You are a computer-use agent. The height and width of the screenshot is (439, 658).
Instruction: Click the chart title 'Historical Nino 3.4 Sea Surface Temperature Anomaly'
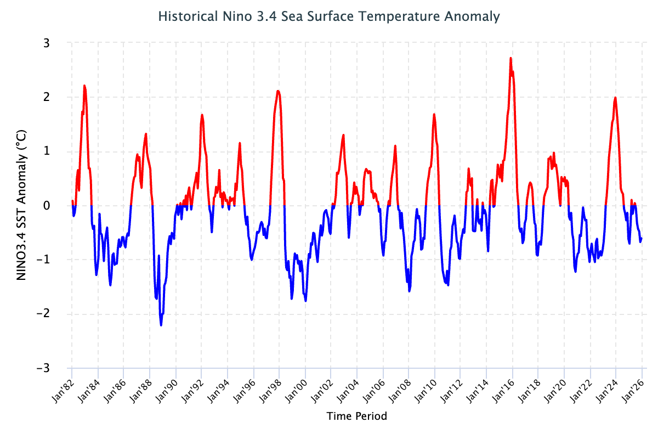point(329,16)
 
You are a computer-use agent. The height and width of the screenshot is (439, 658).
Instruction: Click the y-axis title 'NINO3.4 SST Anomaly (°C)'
point(21,205)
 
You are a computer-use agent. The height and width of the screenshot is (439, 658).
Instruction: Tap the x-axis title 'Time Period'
point(356,416)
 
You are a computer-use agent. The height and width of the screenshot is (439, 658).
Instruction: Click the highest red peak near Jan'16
point(510,58)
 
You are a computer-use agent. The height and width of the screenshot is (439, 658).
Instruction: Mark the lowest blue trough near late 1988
point(161,325)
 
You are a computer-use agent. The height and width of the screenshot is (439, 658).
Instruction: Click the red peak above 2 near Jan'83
point(84,86)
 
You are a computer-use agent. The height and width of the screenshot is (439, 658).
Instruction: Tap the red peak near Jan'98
point(278,91)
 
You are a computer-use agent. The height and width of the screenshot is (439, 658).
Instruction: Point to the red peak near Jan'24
point(615,98)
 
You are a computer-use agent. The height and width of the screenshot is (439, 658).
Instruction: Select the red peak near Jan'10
point(434,114)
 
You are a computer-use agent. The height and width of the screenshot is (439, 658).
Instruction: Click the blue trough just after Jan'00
point(305,301)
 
